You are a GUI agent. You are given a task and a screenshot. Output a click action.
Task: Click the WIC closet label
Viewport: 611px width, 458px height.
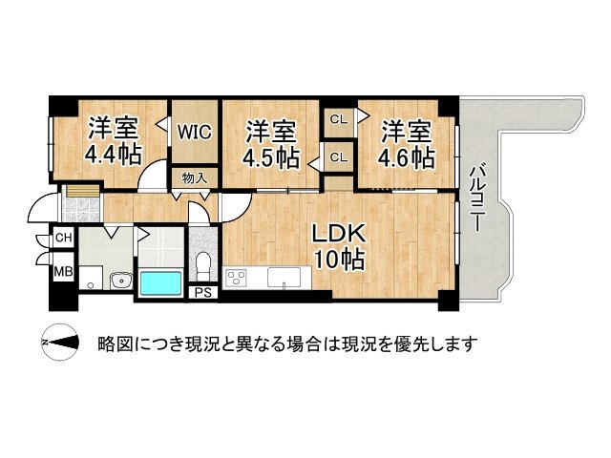pyautogui.click(x=195, y=132)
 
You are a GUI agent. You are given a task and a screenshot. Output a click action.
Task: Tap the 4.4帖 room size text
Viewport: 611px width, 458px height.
pyautogui.click(x=113, y=156)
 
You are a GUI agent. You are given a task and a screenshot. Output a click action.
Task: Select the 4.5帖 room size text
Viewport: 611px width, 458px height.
pyautogui.click(x=271, y=157)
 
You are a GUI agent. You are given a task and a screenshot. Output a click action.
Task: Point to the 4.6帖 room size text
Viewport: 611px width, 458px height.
pyautogui.click(x=407, y=157)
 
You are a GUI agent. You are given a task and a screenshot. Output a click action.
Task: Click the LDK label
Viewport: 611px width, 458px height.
pyautogui.click(x=339, y=235)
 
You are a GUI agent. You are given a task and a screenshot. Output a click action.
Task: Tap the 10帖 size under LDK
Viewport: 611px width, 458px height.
pyautogui.click(x=340, y=260)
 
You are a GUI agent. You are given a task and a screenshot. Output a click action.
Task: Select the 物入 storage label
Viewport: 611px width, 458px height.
pyautogui.click(x=195, y=178)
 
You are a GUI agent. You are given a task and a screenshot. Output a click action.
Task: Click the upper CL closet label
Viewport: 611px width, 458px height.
pyautogui.click(x=338, y=119)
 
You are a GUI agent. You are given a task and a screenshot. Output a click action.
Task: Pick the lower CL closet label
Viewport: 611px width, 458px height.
pyautogui.click(x=338, y=157)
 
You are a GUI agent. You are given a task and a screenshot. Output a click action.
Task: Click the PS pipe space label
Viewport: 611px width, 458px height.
pyautogui.click(x=203, y=293)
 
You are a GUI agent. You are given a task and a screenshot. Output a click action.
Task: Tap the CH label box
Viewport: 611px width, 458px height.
pyautogui.click(x=64, y=238)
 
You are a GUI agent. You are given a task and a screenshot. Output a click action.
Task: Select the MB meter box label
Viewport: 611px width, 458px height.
pyautogui.click(x=63, y=271)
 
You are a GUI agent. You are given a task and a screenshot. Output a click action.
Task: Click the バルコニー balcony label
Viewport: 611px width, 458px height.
pyautogui.click(x=477, y=199)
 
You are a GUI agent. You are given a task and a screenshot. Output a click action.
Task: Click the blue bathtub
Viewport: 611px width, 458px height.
pyautogui.click(x=160, y=283)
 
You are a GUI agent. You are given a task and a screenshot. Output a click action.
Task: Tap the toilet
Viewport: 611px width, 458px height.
pyautogui.click(x=202, y=265)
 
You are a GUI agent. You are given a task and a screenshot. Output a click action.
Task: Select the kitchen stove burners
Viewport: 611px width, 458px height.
pyautogui.click(x=236, y=279)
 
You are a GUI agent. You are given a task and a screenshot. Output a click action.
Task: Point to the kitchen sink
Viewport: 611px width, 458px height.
pyautogui.click(x=284, y=278)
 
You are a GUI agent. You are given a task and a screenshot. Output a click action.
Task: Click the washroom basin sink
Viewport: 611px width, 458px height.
pyautogui.click(x=121, y=281)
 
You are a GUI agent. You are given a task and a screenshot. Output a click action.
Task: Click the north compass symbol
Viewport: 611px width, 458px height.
pyautogui.click(x=60, y=343)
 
